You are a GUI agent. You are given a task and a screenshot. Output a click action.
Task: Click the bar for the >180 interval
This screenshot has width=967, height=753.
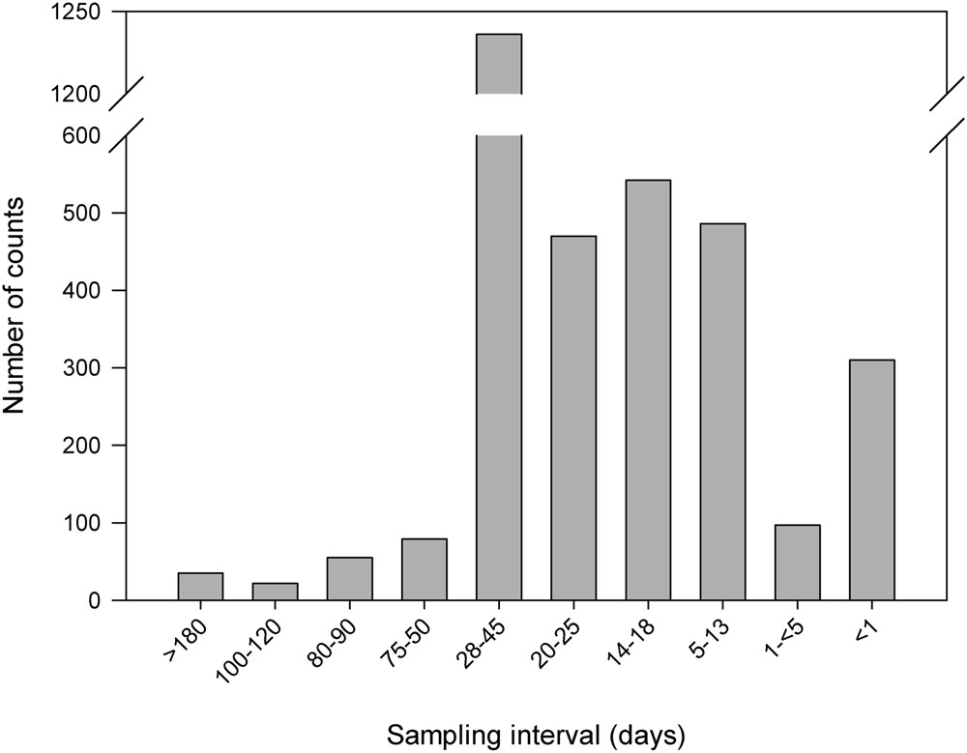click(x=200, y=587)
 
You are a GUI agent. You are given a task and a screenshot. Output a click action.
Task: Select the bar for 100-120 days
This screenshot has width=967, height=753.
click(x=275, y=592)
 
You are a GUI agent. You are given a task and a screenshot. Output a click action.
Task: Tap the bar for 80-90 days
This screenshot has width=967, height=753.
click(x=349, y=579)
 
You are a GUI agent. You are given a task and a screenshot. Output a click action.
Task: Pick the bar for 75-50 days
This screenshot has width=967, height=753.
click(x=424, y=569)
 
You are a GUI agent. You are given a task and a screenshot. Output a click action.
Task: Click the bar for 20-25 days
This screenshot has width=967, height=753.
click(x=573, y=418)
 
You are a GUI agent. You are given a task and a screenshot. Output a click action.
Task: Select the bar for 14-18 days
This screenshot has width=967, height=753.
click(x=648, y=390)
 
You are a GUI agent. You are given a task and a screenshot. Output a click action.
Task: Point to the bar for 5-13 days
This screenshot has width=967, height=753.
click(x=722, y=412)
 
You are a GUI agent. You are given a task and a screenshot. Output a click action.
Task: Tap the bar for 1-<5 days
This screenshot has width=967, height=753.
click(x=797, y=563)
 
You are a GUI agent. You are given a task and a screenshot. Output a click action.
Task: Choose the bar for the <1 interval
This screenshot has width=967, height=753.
click(x=871, y=479)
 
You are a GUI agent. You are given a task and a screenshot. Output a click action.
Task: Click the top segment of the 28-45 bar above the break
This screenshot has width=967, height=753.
click(x=499, y=64)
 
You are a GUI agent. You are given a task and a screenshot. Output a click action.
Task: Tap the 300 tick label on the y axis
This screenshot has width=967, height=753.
click(x=82, y=368)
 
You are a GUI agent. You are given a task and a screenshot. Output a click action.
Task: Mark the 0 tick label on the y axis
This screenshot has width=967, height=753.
click(x=93, y=600)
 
